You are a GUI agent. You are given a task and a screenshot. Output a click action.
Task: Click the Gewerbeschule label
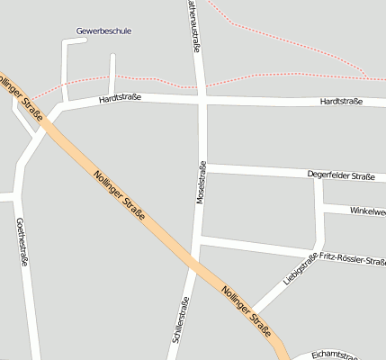(x=103, y=31)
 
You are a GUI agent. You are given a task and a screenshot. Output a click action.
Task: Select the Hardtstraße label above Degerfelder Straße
(x=341, y=102)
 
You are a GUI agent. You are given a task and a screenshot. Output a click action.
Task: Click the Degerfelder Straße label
(x=340, y=176)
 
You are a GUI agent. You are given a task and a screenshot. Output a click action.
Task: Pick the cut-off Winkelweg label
(x=367, y=212)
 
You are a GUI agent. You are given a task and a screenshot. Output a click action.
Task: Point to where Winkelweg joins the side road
(x=320, y=207)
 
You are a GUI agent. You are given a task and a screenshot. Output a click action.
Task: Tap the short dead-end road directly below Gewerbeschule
(x=112, y=73)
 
